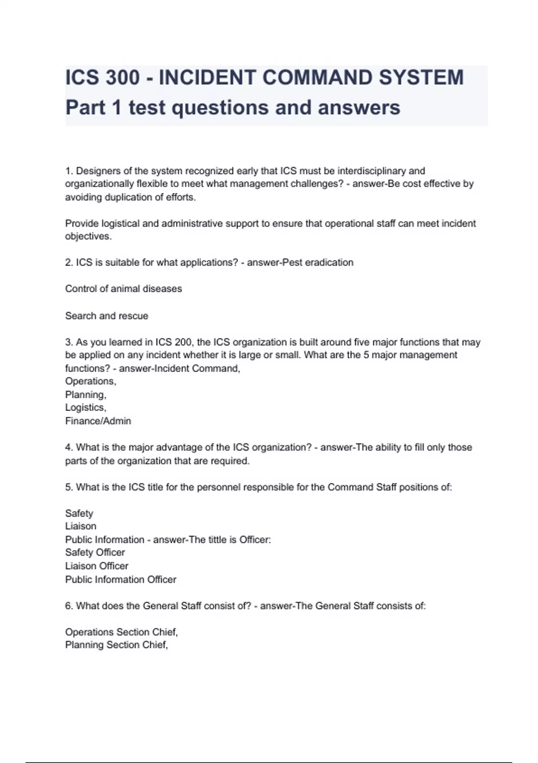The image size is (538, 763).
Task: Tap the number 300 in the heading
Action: [x=122, y=77]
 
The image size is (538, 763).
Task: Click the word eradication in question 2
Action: [x=329, y=263]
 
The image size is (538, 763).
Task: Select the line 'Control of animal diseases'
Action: [x=123, y=289]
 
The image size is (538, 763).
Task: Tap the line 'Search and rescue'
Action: [x=107, y=316]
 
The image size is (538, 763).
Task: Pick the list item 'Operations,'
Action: [x=91, y=381]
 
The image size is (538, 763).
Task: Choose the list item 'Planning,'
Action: [x=86, y=395]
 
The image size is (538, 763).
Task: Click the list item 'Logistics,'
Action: [x=86, y=408]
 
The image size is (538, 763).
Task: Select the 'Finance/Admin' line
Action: [x=98, y=421]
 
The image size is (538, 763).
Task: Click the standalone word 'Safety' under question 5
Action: [x=79, y=513]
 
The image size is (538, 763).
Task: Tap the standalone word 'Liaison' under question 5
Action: [x=81, y=526]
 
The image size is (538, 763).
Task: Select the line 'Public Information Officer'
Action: [x=121, y=580]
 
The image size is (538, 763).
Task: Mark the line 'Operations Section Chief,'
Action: [x=121, y=632]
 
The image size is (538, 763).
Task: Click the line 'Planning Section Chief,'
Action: [x=117, y=645]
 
